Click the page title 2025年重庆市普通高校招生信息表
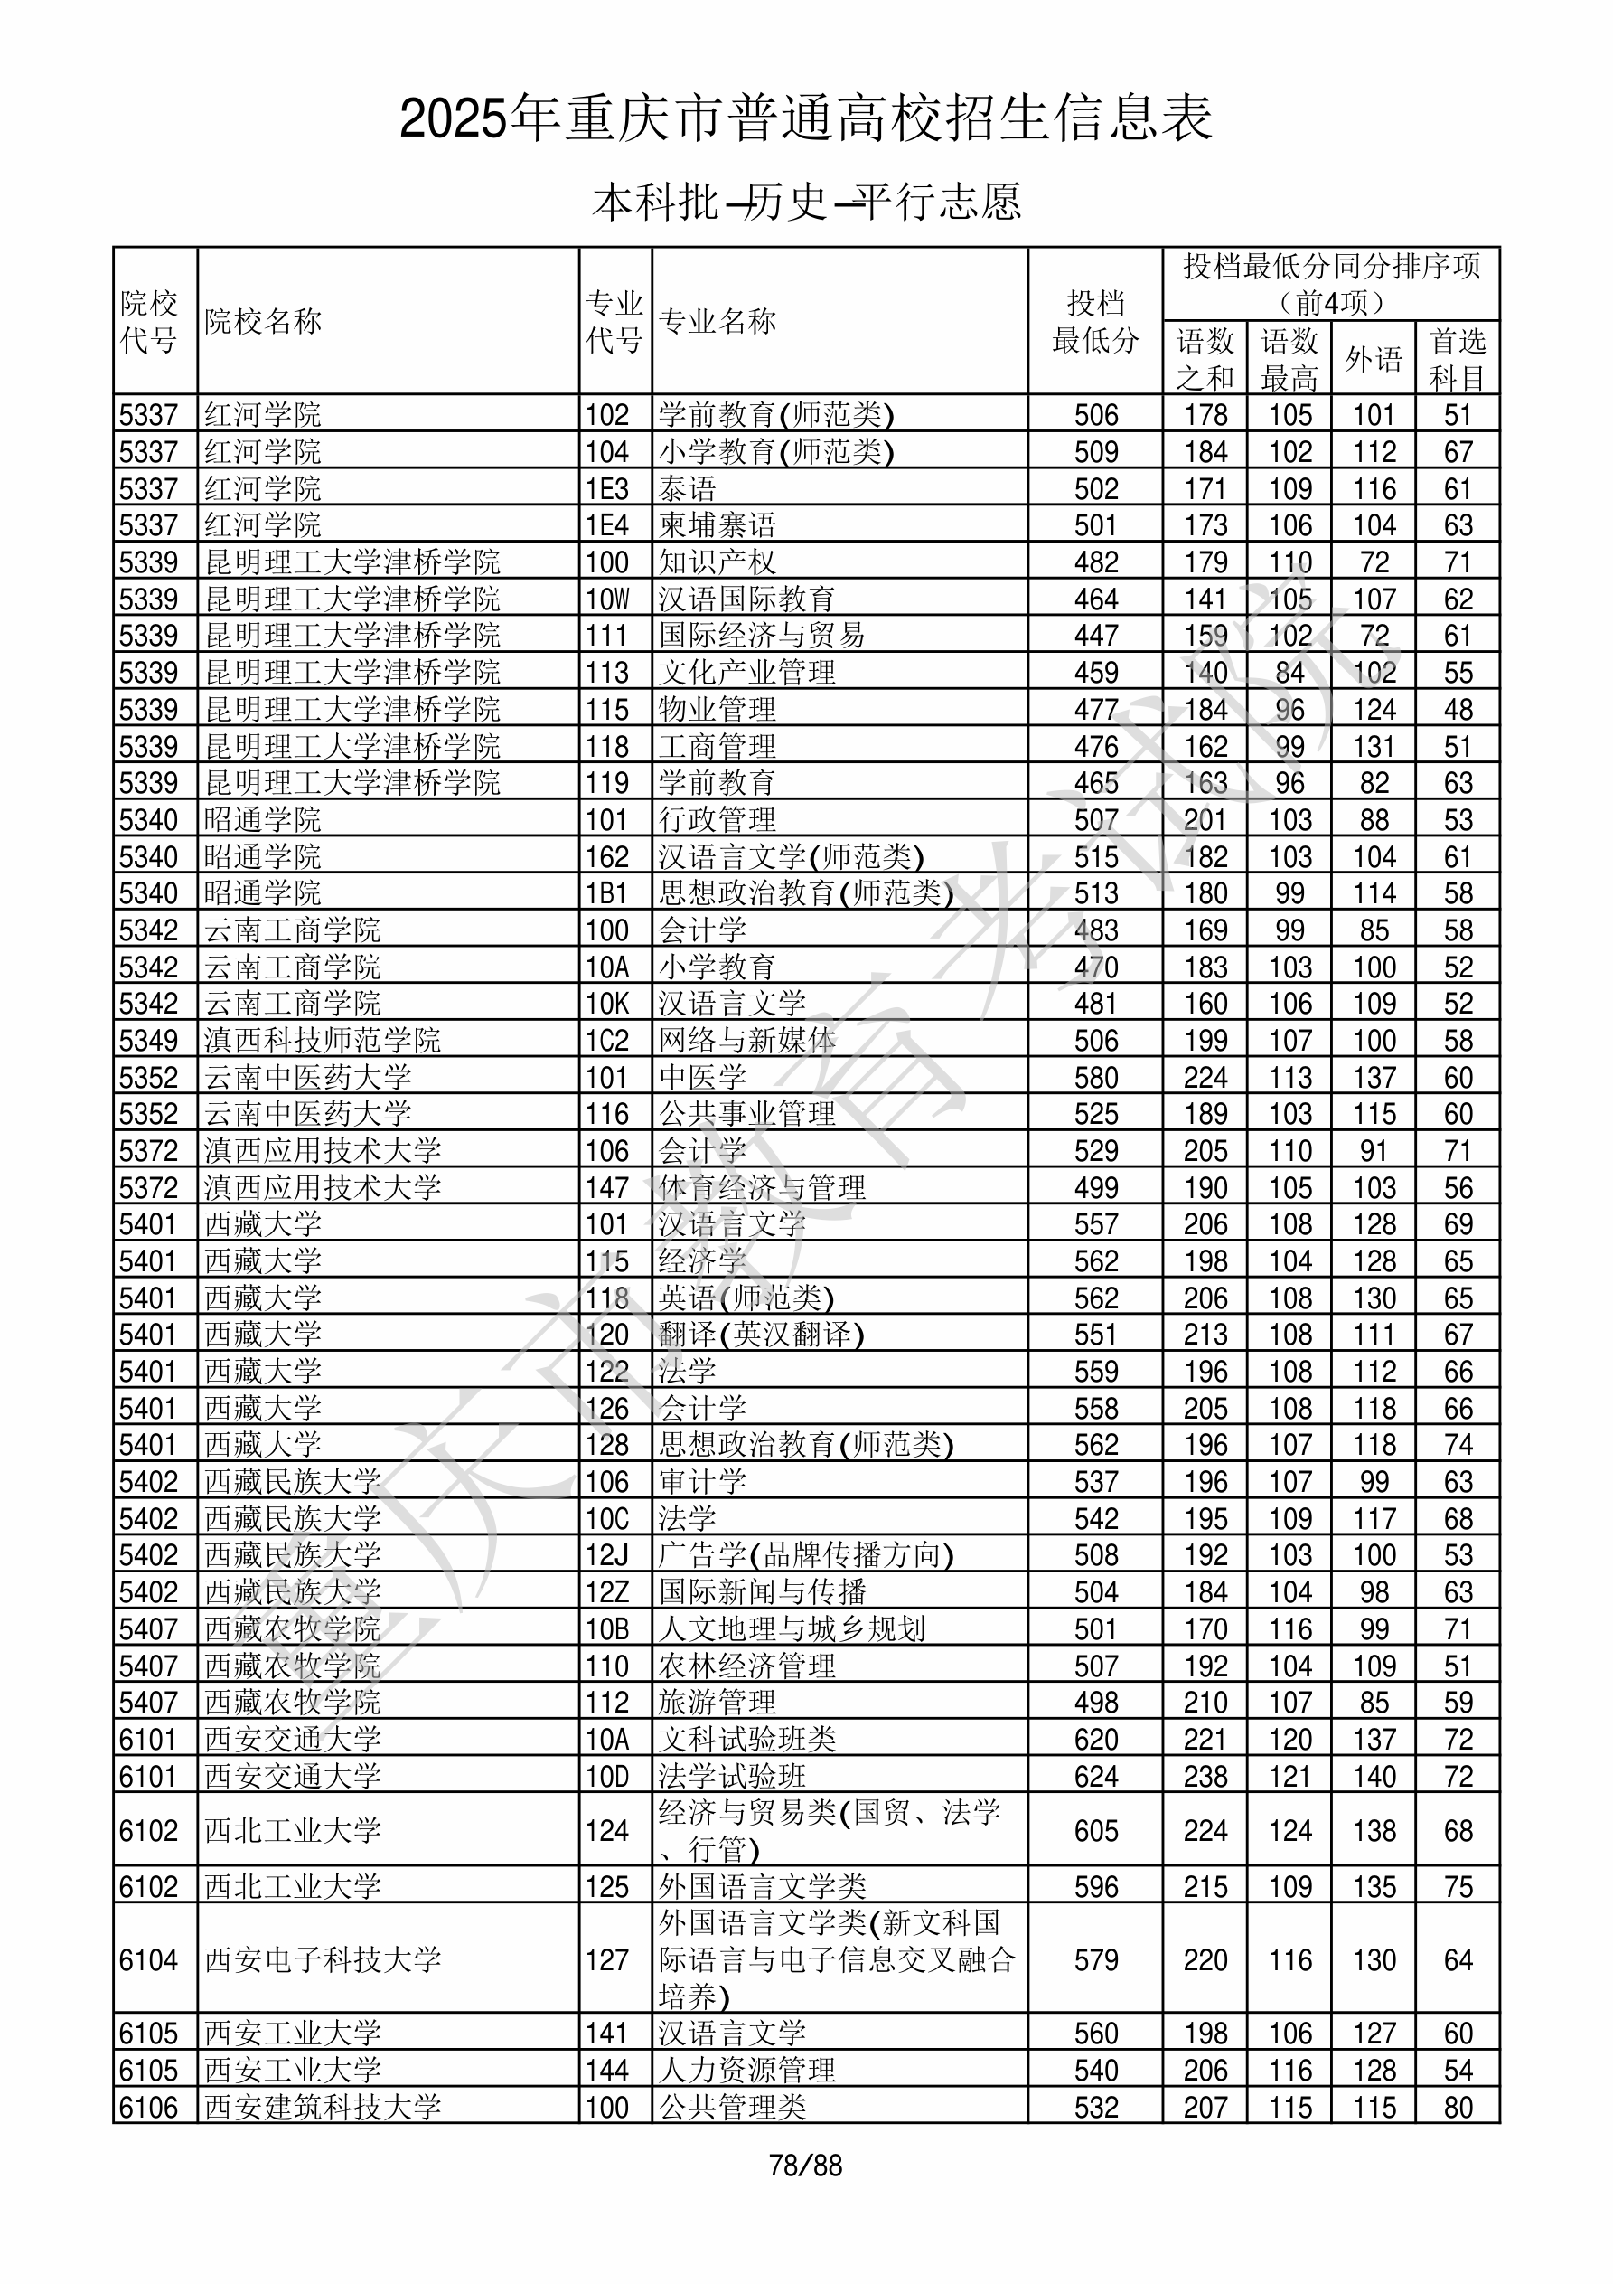[805, 119]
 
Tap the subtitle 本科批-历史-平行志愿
[805, 202]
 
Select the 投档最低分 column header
[1095, 321]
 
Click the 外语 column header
[1374, 358]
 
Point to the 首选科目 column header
[1457, 358]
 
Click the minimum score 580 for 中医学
[1096, 1077]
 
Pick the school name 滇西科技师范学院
[323, 1041]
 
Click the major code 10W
[607, 599]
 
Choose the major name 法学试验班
[732, 1776]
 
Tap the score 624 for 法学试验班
[1096, 1776]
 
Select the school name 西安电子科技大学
[323, 1959]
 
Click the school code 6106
[148, 2107]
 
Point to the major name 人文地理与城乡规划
[792, 1628]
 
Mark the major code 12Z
[607, 1591]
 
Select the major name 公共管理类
[732, 2107]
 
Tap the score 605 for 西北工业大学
[1096, 1830]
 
